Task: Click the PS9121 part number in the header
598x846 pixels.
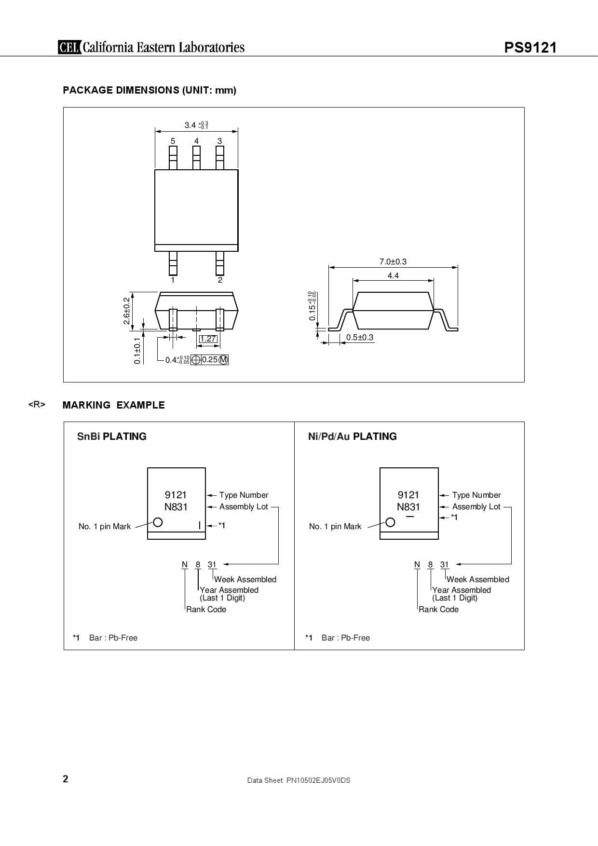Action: coord(530,48)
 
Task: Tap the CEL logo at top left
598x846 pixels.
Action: coord(69,47)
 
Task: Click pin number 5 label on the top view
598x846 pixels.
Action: coord(173,141)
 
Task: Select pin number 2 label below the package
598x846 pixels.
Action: coord(220,280)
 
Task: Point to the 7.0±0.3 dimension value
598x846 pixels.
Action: coord(393,261)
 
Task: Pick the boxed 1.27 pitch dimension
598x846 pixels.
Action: coord(208,339)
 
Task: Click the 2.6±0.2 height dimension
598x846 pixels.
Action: coord(126,311)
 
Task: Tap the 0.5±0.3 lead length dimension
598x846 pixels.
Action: coord(360,337)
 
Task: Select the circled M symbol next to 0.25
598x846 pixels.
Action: coord(223,360)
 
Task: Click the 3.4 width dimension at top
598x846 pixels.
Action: coord(190,125)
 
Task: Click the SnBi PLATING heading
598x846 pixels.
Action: coord(111,437)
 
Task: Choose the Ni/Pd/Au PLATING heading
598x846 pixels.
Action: coord(352,437)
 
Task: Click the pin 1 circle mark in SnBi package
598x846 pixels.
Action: coord(157,522)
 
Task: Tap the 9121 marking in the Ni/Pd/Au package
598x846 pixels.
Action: coord(408,495)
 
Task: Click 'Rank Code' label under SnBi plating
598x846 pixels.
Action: coord(206,609)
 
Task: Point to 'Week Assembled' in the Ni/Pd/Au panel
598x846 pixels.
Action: coord(477,579)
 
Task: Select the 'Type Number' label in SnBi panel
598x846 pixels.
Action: coord(244,495)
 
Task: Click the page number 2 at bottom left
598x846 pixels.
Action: coord(66,779)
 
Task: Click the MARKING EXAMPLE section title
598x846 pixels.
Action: coord(113,405)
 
